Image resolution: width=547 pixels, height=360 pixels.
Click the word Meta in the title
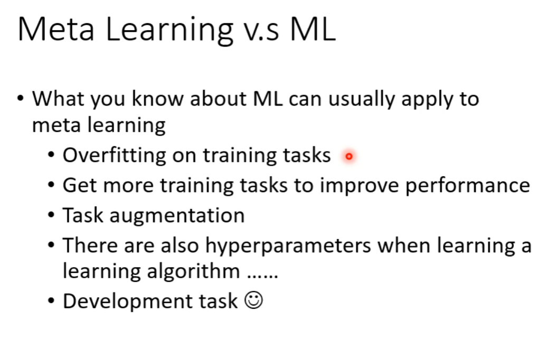pyautogui.click(x=56, y=30)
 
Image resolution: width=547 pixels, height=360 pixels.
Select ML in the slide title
pyautogui.click(x=313, y=30)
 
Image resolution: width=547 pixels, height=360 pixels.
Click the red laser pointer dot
pyautogui.click(x=349, y=157)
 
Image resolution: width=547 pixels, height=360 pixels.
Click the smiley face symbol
pyautogui.click(x=253, y=300)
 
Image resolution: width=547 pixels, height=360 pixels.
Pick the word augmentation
pyautogui.click(x=177, y=216)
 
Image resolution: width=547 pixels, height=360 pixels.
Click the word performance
pyautogui.click(x=468, y=186)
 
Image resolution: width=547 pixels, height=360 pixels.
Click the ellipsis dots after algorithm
pyautogui.click(x=262, y=276)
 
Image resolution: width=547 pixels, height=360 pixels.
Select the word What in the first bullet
pyautogui.click(x=58, y=99)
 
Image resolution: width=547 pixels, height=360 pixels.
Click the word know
pyautogui.click(x=157, y=99)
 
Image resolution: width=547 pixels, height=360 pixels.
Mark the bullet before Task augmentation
pyautogui.click(x=51, y=214)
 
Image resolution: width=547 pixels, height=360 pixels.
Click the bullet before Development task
pyautogui.click(x=51, y=300)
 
